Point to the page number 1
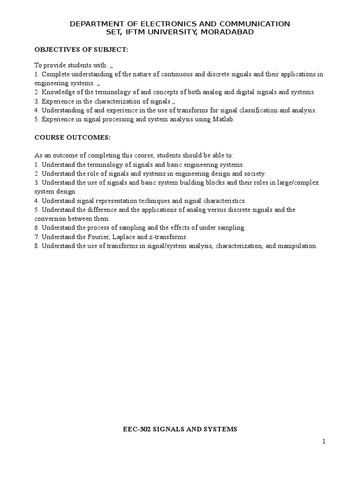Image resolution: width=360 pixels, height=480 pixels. pyautogui.click(x=323, y=441)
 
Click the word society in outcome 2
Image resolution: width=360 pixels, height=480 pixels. pyautogui.click(x=254, y=173)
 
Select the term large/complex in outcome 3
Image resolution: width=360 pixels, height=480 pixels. pyautogui.click(x=299, y=182)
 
